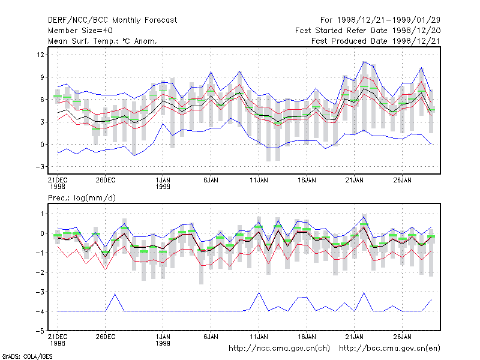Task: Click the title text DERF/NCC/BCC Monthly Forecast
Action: click(x=112, y=20)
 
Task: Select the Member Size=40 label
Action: click(x=80, y=31)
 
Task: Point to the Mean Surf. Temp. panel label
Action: click(x=102, y=41)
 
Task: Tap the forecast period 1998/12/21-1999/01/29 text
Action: click(x=380, y=20)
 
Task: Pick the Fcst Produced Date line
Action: click(x=376, y=41)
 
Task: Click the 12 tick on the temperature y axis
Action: click(x=40, y=55)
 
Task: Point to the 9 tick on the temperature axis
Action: click(x=42, y=77)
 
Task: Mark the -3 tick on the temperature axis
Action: click(x=40, y=167)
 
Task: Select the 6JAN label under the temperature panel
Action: click(x=211, y=180)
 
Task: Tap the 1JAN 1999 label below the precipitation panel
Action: click(x=163, y=340)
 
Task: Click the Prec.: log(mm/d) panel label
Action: click(x=82, y=198)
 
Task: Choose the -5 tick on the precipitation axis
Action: click(x=40, y=331)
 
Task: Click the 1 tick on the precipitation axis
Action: click(x=42, y=214)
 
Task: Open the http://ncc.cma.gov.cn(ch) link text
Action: click(x=279, y=349)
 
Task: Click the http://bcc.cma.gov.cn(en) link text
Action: click(x=389, y=349)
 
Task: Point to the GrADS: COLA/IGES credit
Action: click(x=27, y=356)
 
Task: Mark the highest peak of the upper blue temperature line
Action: click(x=364, y=62)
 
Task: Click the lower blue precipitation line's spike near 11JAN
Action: click(x=259, y=292)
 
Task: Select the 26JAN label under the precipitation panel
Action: click(x=402, y=337)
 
